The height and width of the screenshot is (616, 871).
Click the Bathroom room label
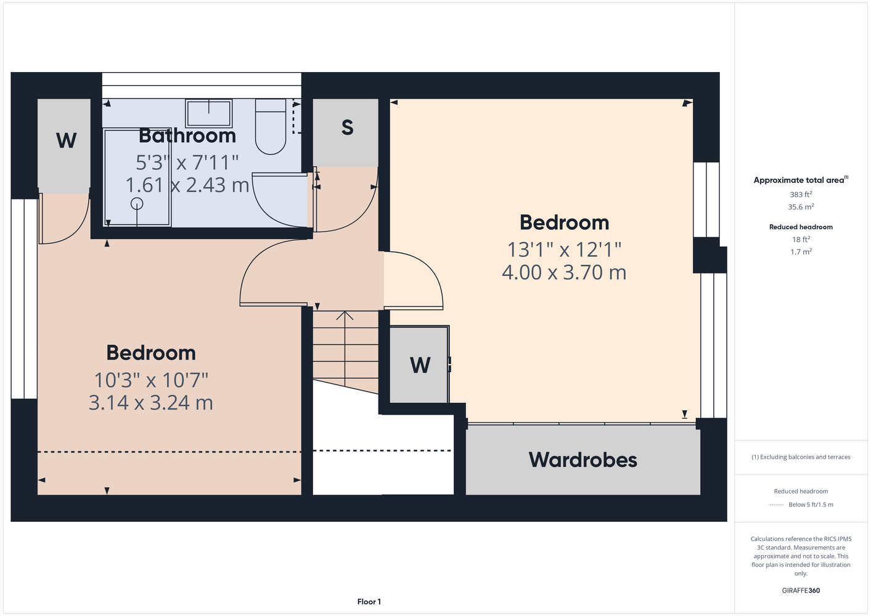[x=187, y=136]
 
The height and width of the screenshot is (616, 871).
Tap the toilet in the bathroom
[x=271, y=127]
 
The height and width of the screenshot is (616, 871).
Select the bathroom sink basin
[x=209, y=113]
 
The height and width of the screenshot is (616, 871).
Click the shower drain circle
[x=137, y=204]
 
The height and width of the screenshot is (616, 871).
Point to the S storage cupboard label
[x=347, y=128]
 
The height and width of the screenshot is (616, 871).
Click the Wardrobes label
[x=583, y=460]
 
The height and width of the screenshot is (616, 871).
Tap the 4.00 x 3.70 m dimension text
[x=564, y=272]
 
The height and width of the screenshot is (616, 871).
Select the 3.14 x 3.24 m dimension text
[x=151, y=403]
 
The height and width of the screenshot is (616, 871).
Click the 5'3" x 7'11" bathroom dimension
[x=187, y=163]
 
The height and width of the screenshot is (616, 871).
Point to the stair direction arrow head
[x=345, y=315]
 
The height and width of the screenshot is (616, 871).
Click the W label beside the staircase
[x=420, y=365]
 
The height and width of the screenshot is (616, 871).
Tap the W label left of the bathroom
[x=66, y=140]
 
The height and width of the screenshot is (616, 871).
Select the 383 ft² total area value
[x=801, y=194]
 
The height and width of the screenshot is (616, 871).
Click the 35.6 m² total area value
[x=801, y=207]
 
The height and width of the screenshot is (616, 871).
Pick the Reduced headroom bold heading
[x=801, y=227]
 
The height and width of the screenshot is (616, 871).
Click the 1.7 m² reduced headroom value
[x=801, y=252]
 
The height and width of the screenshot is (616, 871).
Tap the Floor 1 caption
[x=369, y=602]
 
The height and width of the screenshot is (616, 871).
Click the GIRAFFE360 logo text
[x=801, y=590]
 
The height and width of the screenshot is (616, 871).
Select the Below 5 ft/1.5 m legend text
[x=811, y=505]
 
